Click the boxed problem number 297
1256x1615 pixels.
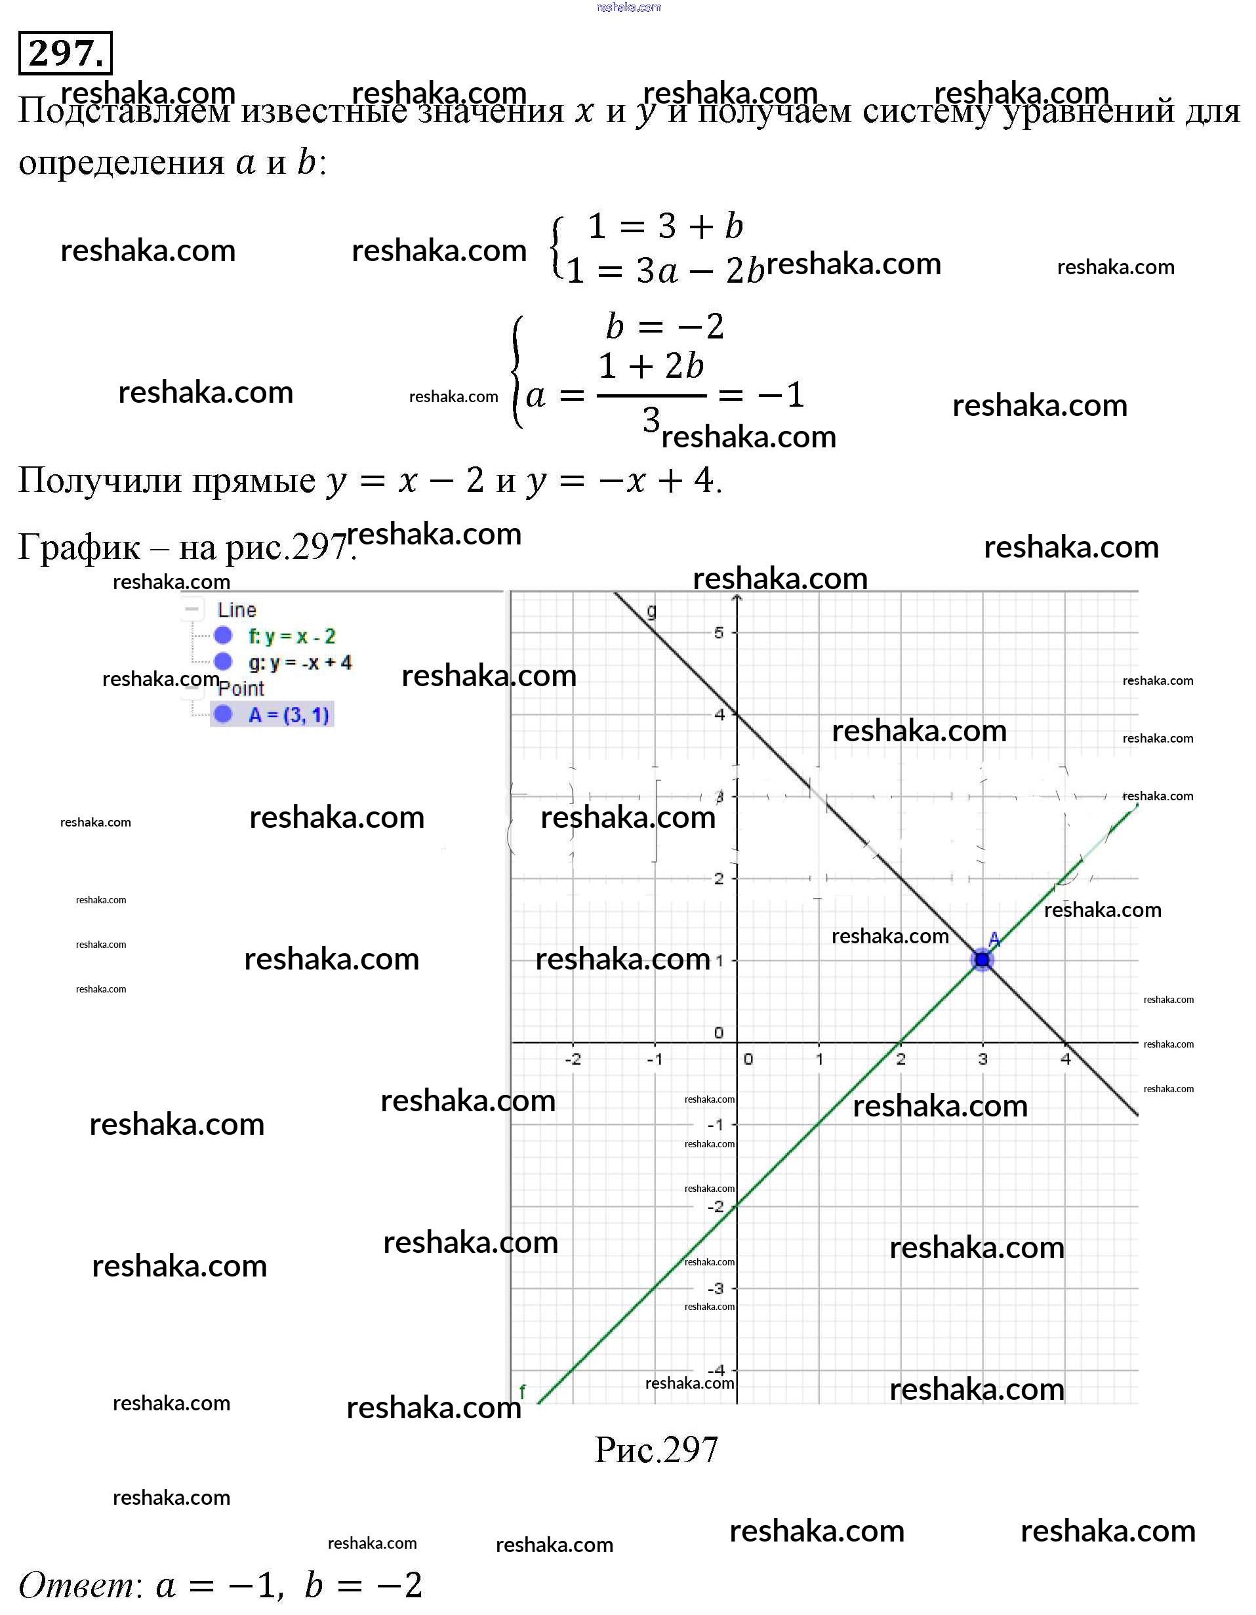coord(65,53)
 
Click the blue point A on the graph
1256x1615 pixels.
coord(982,960)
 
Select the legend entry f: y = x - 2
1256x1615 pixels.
coord(291,636)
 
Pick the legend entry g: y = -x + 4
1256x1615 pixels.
coord(299,663)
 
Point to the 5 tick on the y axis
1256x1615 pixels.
coord(719,633)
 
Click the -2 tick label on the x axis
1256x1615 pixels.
coord(573,1059)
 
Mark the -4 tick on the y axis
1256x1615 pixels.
coord(716,1370)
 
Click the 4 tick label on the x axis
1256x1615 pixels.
coord(1065,1059)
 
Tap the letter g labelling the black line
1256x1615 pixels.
coord(651,611)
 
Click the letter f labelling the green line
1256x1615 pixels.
coord(522,1392)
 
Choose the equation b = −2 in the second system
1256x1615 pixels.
coord(664,326)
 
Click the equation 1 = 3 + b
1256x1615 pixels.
coord(664,226)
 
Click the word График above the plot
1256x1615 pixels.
coord(79,548)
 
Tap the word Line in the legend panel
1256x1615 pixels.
coord(237,610)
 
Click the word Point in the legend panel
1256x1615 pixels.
coord(241,689)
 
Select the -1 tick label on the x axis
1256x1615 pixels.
coord(655,1059)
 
